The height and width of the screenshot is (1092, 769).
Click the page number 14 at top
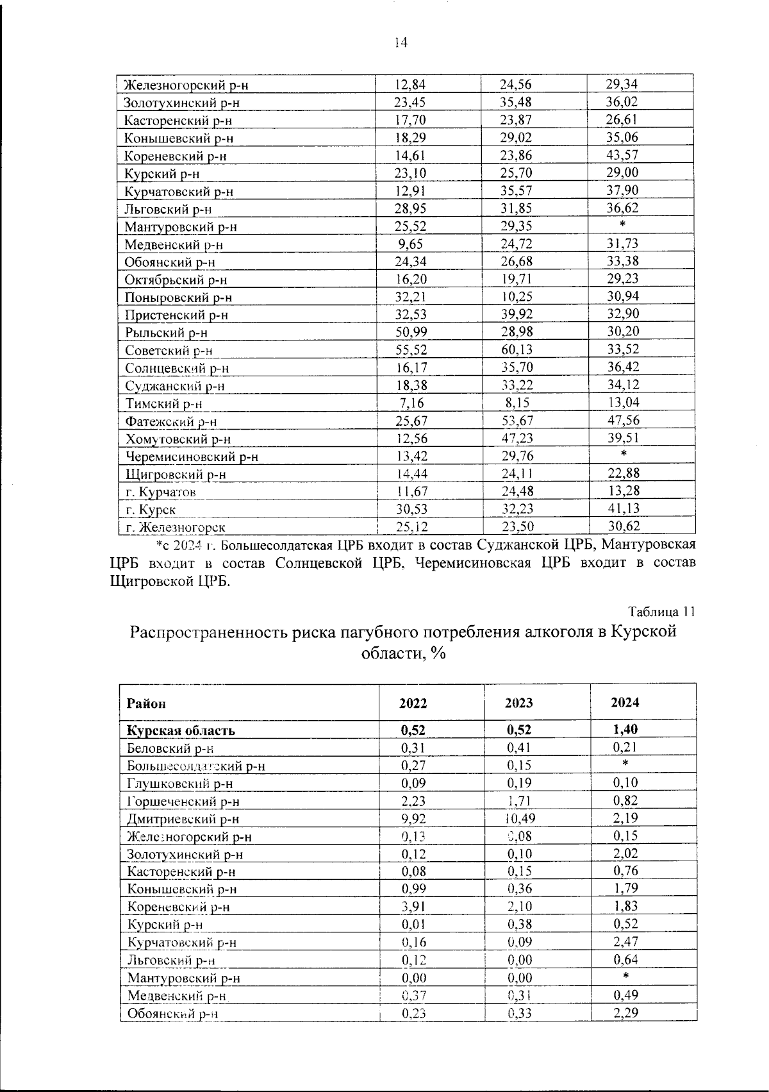point(401,43)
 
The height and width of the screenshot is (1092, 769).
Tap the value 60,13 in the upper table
point(517,350)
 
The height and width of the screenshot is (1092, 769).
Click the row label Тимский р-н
point(163,404)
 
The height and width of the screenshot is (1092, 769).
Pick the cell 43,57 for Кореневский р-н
point(622,155)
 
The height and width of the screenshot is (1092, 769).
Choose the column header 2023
point(518,703)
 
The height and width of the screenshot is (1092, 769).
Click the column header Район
point(146,704)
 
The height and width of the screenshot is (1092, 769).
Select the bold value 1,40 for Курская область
point(625,730)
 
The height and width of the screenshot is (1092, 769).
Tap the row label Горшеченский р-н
point(184,802)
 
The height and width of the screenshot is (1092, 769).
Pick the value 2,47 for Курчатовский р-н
point(625,942)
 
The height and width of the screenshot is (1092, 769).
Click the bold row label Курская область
point(181,731)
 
